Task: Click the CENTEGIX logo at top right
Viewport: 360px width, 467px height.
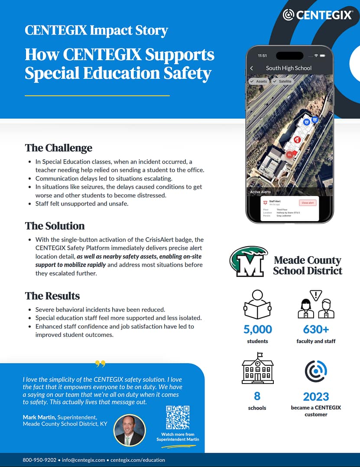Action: tap(317, 15)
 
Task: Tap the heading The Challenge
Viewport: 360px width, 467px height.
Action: tap(58, 148)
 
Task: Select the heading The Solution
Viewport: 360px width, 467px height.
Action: tap(55, 226)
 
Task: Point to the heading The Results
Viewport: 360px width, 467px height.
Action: tap(52, 296)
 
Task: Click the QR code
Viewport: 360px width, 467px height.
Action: tap(178, 417)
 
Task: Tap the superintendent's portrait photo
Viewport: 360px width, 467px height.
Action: tap(130, 430)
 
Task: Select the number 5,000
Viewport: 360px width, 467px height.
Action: tap(258, 329)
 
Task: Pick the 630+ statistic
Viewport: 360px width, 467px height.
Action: tap(316, 329)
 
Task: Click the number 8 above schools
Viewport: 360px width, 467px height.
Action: tap(257, 396)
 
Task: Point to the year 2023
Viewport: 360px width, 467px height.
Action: tap(316, 396)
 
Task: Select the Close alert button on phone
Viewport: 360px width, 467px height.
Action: tap(308, 203)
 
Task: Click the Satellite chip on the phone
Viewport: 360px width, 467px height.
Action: tap(282, 81)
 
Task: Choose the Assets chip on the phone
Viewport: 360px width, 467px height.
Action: tap(259, 81)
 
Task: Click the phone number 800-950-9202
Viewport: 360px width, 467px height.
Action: tap(39, 460)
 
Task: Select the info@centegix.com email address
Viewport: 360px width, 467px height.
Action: tap(83, 460)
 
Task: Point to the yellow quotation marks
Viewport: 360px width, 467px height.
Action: tap(100, 364)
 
